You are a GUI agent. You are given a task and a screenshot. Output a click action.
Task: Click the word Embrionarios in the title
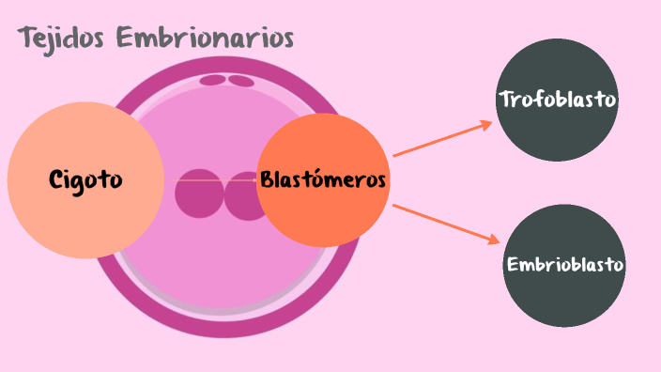[206, 39]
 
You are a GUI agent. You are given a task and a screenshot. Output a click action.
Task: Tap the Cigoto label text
[85, 179]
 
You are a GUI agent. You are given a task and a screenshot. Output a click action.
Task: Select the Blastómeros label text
[323, 179]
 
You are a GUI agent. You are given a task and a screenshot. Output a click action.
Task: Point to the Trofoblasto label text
[558, 99]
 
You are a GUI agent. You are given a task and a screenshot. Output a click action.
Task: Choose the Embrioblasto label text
[564, 265]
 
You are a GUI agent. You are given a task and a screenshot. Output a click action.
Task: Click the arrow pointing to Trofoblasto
[441, 139]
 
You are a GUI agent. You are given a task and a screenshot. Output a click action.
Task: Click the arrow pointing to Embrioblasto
[445, 224]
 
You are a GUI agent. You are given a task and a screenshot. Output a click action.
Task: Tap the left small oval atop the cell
[213, 80]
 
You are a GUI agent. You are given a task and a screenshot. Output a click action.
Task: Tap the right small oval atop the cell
[241, 81]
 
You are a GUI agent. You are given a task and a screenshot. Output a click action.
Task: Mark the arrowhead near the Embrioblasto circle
[493, 240]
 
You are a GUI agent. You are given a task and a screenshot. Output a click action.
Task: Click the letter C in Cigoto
[56, 179]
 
